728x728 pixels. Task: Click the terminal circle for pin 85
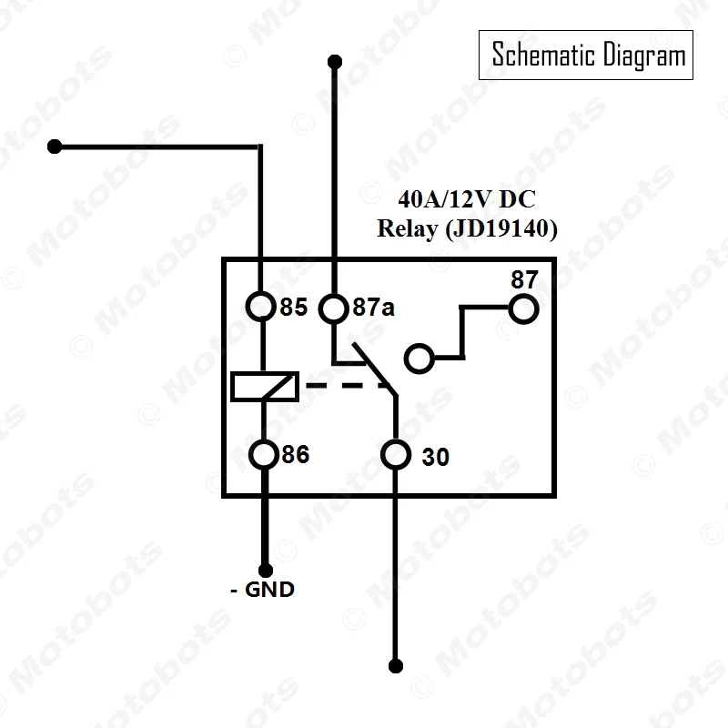(x=262, y=307)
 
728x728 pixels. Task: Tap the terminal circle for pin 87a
(x=334, y=308)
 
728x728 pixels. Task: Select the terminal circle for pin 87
(x=523, y=309)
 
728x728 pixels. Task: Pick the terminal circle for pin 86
(x=263, y=453)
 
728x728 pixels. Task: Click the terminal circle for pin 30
(x=395, y=454)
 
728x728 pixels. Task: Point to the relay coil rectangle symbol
(x=263, y=386)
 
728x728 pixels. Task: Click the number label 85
(x=293, y=308)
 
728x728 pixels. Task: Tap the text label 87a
(x=373, y=308)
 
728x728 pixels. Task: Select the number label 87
(x=524, y=279)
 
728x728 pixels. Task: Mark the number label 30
(x=436, y=457)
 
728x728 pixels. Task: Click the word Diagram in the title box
(x=643, y=56)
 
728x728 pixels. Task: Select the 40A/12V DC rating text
(x=466, y=199)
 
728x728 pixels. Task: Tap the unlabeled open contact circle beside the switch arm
(x=419, y=358)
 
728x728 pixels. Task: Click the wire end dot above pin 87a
(x=334, y=62)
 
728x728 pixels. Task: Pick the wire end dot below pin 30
(x=395, y=663)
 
